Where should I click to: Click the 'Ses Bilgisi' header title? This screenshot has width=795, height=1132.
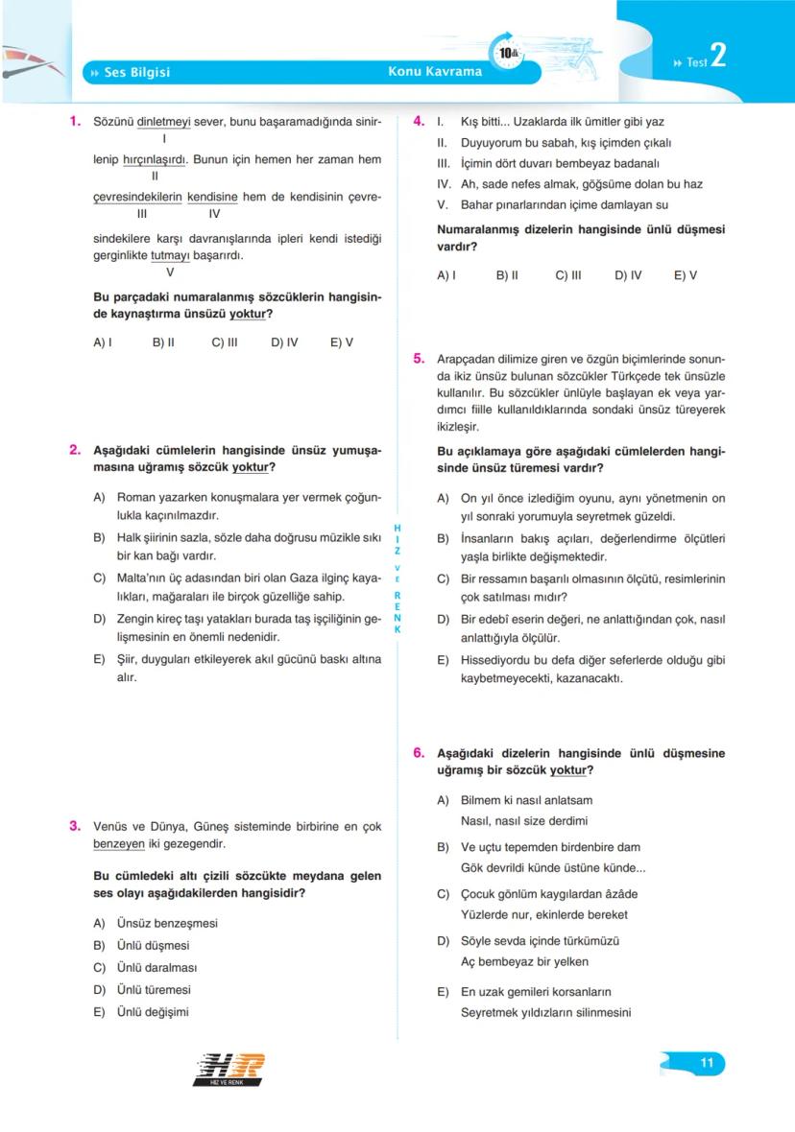pos(136,72)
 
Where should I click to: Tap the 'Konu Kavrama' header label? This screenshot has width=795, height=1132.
pos(435,72)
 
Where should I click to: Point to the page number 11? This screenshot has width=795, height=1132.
pos(707,1063)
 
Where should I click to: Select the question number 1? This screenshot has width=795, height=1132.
pos(74,122)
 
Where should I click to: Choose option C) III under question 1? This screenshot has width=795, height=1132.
pos(224,342)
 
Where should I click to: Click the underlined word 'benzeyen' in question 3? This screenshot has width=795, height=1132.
pos(118,844)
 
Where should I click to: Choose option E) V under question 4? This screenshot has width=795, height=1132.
pos(685,275)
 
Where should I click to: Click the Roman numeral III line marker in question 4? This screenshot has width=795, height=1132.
pos(444,163)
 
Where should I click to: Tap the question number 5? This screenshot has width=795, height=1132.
pos(419,359)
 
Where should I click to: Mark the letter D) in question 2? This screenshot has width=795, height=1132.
pos(99,619)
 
